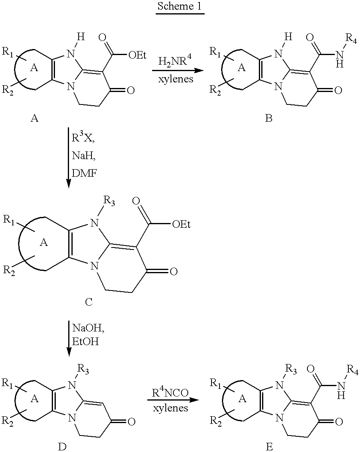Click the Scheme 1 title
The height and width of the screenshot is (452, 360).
(x=180, y=6)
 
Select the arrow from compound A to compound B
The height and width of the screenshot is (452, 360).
(x=176, y=70)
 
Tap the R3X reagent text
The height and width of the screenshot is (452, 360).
(x=83, y=138)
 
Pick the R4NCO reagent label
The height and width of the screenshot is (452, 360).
(x=170, y=393)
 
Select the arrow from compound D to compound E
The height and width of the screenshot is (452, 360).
(x=173, y=400)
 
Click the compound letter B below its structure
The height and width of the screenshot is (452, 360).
(x=268, y=118)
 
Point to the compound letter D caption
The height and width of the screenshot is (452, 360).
(x=62, y=447)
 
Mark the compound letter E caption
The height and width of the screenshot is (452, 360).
(x=269, y=447)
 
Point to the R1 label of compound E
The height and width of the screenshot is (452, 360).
(x=216, y=383)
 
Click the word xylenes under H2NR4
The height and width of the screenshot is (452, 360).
(x=176, y=79)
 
